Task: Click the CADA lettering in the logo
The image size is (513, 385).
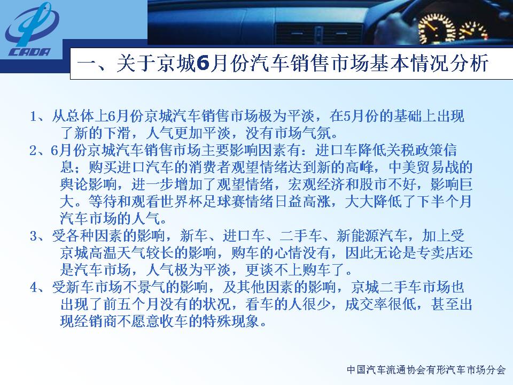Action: (29, 52)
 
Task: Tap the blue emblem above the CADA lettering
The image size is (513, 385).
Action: (32, 24)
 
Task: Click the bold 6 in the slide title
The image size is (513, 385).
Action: (203, 63)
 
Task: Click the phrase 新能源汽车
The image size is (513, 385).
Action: (372, 236)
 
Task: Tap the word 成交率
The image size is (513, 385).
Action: (366, 304)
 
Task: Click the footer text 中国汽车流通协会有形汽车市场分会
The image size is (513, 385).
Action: (426, 369)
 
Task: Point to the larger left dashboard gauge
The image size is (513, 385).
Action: (436, 28)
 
